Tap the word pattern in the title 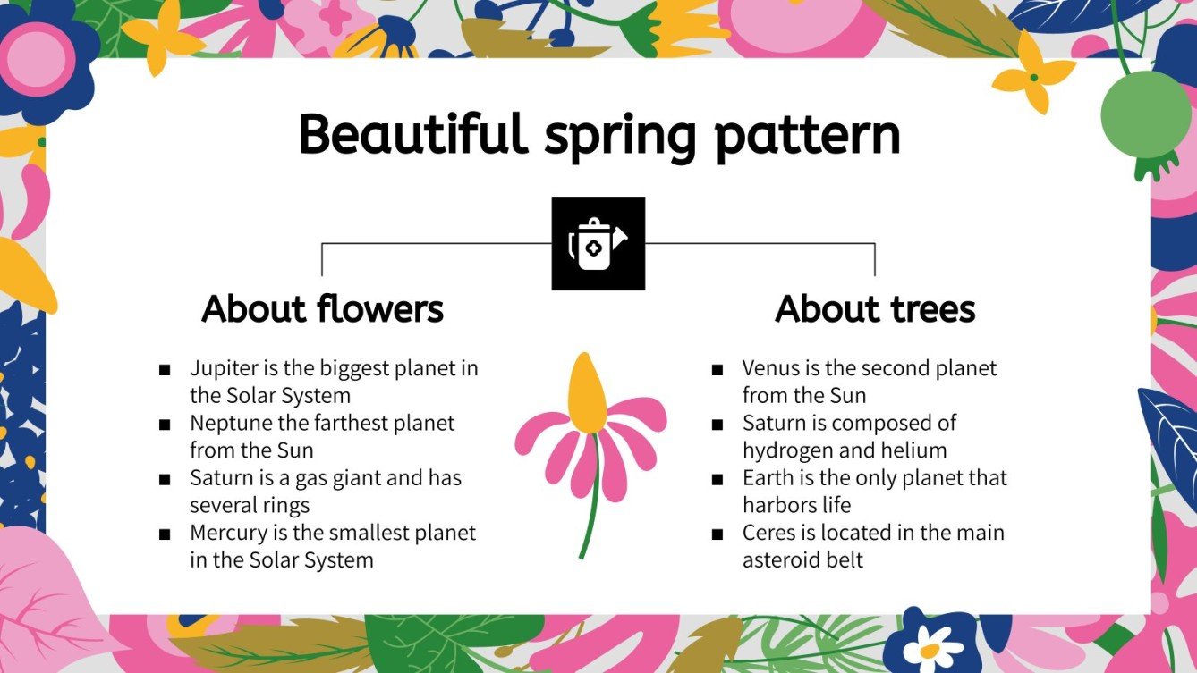click(807, 137)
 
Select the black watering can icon click(598, 243)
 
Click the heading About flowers click(323, 309)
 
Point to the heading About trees click(875, 309)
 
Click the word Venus click(771, 368)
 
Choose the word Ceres click(768, 534)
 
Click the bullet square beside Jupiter click(165, 370)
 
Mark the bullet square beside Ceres click(717, 534)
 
